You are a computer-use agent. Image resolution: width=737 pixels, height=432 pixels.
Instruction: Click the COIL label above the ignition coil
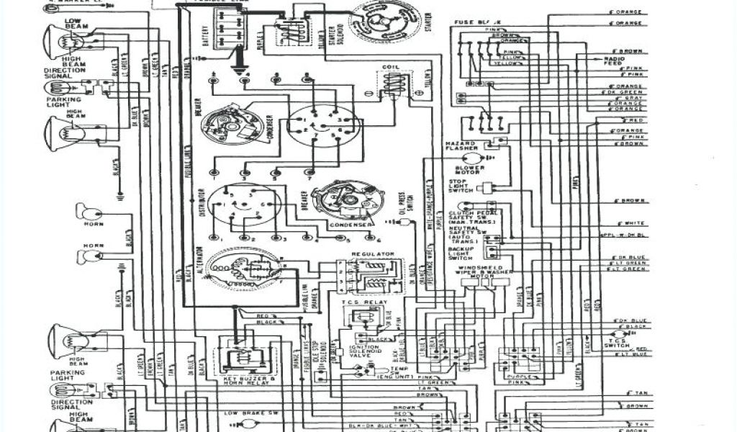click(390, 67)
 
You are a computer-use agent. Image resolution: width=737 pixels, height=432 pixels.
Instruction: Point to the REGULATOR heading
click(372, 254)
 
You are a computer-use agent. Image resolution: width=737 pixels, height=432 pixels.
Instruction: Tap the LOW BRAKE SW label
click(245, 413)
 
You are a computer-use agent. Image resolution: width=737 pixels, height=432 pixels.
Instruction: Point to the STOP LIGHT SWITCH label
click(461, 186)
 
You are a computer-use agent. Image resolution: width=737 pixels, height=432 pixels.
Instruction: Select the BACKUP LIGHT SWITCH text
click(460, 253)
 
